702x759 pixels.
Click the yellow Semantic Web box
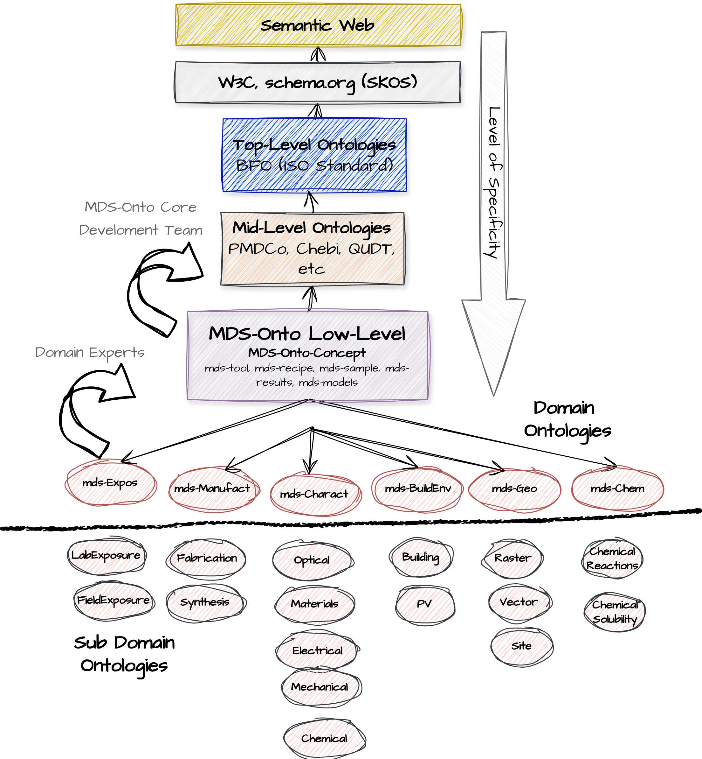pyautogui.click(x=318, y=25)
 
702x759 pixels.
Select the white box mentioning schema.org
pyautogui.click(x=317, y=82)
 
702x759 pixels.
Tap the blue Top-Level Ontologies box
pyautogui.click(x=314, y=155)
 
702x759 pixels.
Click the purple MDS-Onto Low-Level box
pyautogui.click(x=308, y=356)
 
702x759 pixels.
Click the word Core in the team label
pyautogui.click(x=178, y=207)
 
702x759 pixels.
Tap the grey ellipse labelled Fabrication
pyautogui.click(x=206, y=558)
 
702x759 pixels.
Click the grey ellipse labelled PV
pyautogui.click(x=425, y=603)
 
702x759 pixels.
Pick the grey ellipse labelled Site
pyautogui.click(x=521, y=646)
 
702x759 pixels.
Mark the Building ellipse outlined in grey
pyautogui.click(x=421, y=558)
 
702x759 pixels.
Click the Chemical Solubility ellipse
pyautogui.click(x=614, y=611)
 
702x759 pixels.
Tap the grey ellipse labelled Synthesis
pyautogui.click(x=206, y=602)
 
